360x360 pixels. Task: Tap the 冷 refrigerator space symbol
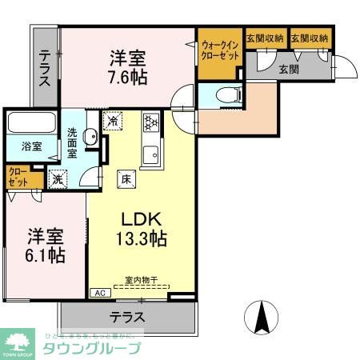(x=118, y=122)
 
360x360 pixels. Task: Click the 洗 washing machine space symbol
(x=57, y=178)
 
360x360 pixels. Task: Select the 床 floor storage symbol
(x=126, y=178)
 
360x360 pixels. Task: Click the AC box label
(x=100, y=294)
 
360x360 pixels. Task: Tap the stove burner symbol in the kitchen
(x=150, y=122)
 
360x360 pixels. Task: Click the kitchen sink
(x=150, y=152)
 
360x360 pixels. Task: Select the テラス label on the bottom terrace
(x=128, y=317)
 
